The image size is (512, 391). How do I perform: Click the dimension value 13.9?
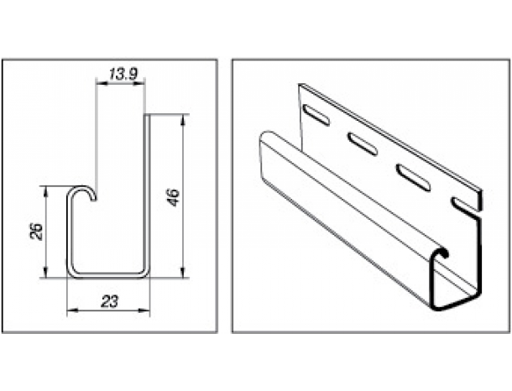pyautogui.click(x=123, y=75)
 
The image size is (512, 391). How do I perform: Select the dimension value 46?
pyautogui.click(x=174, y=196)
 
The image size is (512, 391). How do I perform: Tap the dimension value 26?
pyautogui.click(x=37, y=231)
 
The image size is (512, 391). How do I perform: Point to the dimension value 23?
pyautogui.click(x=109, y=301)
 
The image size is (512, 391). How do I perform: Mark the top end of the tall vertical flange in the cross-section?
pyautogui.click(x=147, y=116)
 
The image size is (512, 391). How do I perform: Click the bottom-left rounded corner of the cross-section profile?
pyautogui.click(x=72, y=273)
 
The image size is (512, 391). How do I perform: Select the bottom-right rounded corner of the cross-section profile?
pyautogui.click(x=144, y=273)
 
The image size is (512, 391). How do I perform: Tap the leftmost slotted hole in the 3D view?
pyautogui.click(x=316, y=114)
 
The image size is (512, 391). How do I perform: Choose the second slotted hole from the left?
pyautogui.click(x=363, y=143)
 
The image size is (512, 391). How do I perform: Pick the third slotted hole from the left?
pyautogui.click(x=413, y=177)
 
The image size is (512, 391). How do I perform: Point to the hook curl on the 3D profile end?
pyautogui.click(x=441, y=252)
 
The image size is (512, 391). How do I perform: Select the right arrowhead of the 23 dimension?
pyautogui.click(x=144, y=310)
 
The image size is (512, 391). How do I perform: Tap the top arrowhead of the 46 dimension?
pyautogui.click(x=183, y=119)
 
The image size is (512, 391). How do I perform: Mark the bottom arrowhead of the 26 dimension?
pyautogui.click(x=46, y=272)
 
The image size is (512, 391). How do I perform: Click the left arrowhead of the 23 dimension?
pyautogui.click(x=72, y=310)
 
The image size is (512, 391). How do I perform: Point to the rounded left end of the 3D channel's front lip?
pyautogui.click(x=266, y=133)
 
